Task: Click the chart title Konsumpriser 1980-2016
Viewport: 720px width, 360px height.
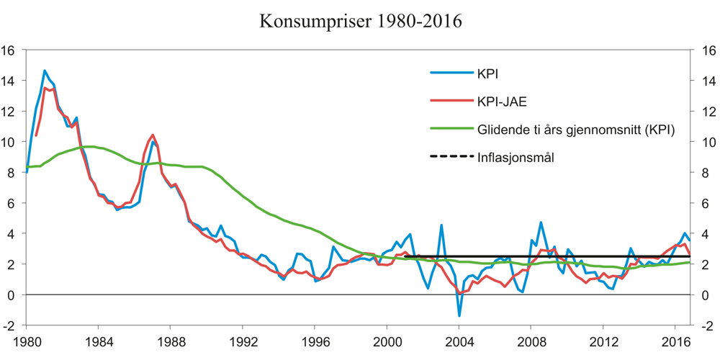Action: pos(360,21)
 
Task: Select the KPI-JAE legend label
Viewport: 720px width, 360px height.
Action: pos(502,101)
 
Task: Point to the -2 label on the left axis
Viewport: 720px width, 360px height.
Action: pos(10,325)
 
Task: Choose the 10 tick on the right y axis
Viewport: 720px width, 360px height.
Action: pos(707,143)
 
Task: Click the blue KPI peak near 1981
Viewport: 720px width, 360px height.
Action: pos(45,71)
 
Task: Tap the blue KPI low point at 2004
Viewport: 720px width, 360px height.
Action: pos(459,315)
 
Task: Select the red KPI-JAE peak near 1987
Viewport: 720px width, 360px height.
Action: pos(153,135)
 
